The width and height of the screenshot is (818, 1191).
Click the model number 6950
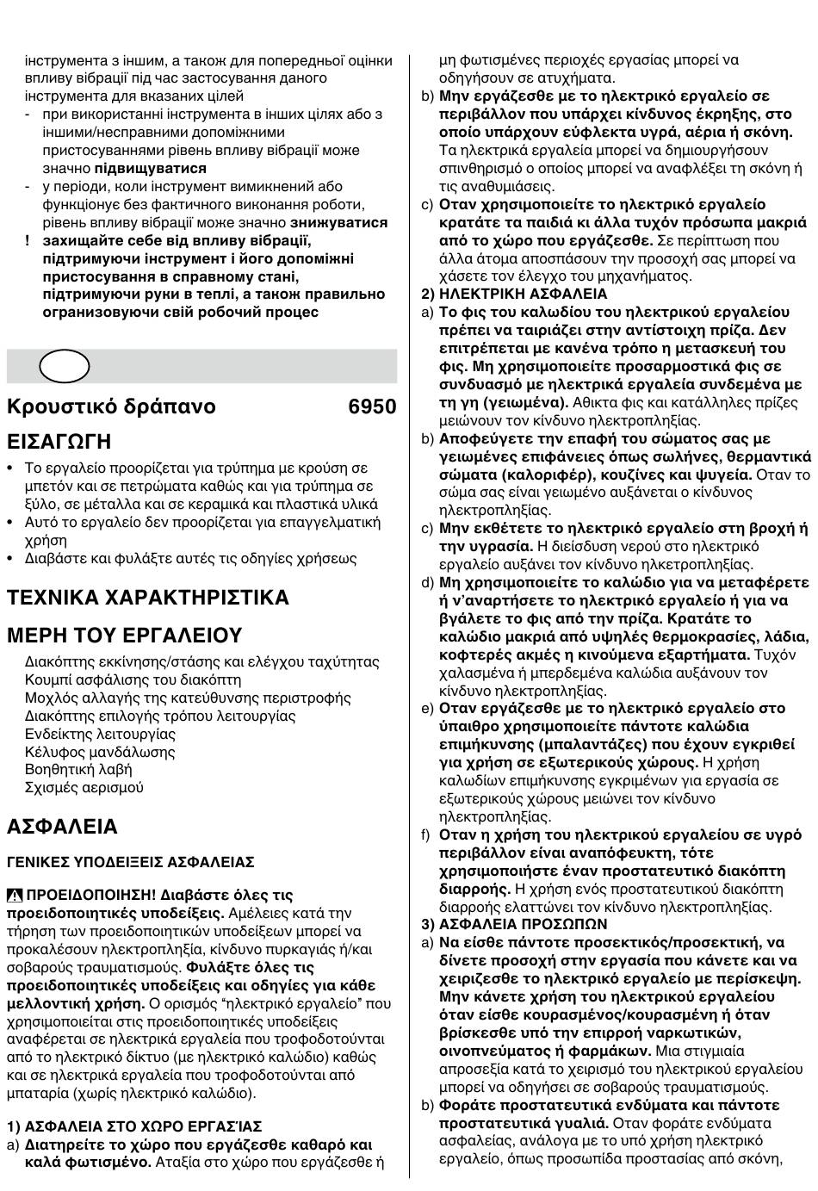point(372,406)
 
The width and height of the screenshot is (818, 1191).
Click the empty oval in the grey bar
point(64,366)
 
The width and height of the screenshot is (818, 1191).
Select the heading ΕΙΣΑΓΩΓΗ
point(59,443)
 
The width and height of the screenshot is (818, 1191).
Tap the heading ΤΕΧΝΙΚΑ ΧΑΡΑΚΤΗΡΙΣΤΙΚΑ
point(148,598)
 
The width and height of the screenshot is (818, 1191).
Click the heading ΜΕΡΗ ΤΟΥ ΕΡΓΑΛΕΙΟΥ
point(125,636)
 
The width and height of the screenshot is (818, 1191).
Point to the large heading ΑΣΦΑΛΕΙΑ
point(62,827)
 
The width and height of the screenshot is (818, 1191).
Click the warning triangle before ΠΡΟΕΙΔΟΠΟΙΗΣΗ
point(15,895)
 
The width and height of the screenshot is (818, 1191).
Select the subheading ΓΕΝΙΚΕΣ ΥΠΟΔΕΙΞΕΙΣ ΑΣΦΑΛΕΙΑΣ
point(131,862)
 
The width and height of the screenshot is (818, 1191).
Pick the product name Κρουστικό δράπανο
point(111,406)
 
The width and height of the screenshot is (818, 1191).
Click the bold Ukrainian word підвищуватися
point(151,168)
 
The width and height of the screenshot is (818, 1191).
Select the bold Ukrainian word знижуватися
point(338,222)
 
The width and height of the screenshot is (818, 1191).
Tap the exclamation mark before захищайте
point(28,240)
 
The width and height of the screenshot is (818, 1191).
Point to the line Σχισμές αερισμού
point(84,787)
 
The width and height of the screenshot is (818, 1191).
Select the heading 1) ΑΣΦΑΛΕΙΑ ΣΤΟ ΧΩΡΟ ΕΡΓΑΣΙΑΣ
point(135,1126)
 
